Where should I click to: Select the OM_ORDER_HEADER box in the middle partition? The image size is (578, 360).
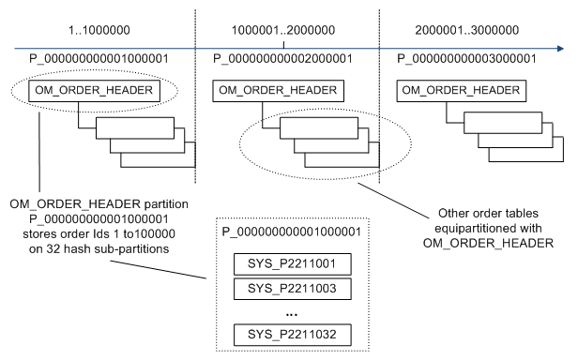266,90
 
